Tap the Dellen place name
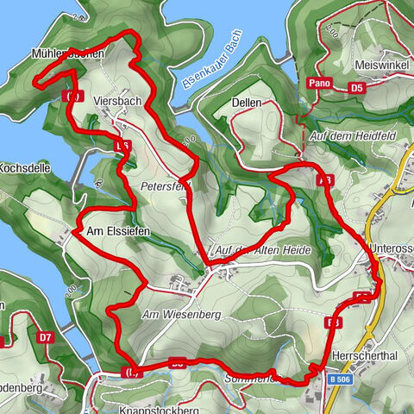(x=247, y=102)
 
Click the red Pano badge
(x=317, y=84)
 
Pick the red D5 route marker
(x=357, y=87)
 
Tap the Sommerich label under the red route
(x=250, y=378)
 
